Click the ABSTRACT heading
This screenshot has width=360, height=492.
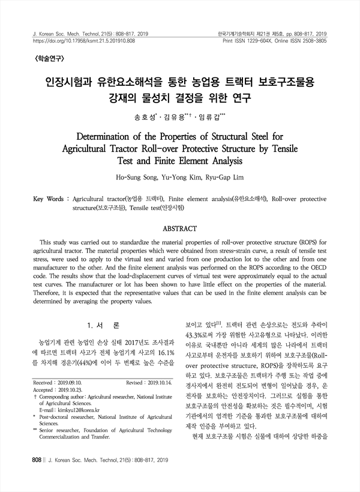tap(180, 229)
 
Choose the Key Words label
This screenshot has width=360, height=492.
tap(49, 198)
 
